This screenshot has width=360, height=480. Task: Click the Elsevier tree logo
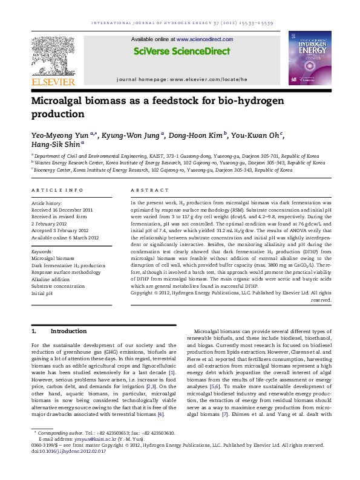tap(53, 54)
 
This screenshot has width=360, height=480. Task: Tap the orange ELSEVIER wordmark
tap(53, 82)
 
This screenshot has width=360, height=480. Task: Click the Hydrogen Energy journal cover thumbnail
tap(309, 59)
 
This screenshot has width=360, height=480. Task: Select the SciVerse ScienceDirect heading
tap(180, 51)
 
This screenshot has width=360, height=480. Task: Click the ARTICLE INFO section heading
tap(57, 190)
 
